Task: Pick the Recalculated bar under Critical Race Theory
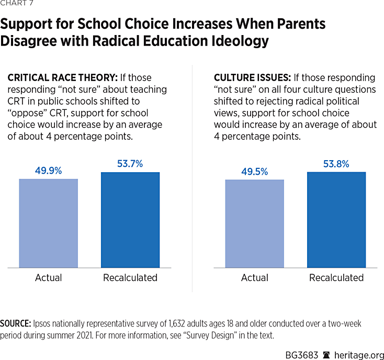[x=130, y=220]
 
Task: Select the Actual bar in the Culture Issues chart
[x=254, y=223]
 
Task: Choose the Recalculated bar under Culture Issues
[x=336, y=220]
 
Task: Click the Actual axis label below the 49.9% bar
[x=48, y=278]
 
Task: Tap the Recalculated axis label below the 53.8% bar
[x=336, y=278]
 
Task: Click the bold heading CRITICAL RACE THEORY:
[x=62, y=77]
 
